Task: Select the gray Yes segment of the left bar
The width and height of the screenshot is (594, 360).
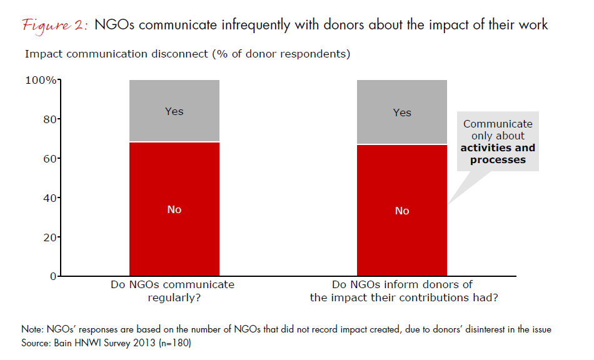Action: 174,111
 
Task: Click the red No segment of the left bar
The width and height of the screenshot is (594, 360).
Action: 174,209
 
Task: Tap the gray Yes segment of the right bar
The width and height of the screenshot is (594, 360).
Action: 402,112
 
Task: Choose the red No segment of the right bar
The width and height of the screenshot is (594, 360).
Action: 402,211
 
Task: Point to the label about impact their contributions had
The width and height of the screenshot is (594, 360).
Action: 404,291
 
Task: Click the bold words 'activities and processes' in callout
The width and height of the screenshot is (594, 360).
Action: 498,154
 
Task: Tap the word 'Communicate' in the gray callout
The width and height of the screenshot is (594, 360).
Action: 498,124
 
